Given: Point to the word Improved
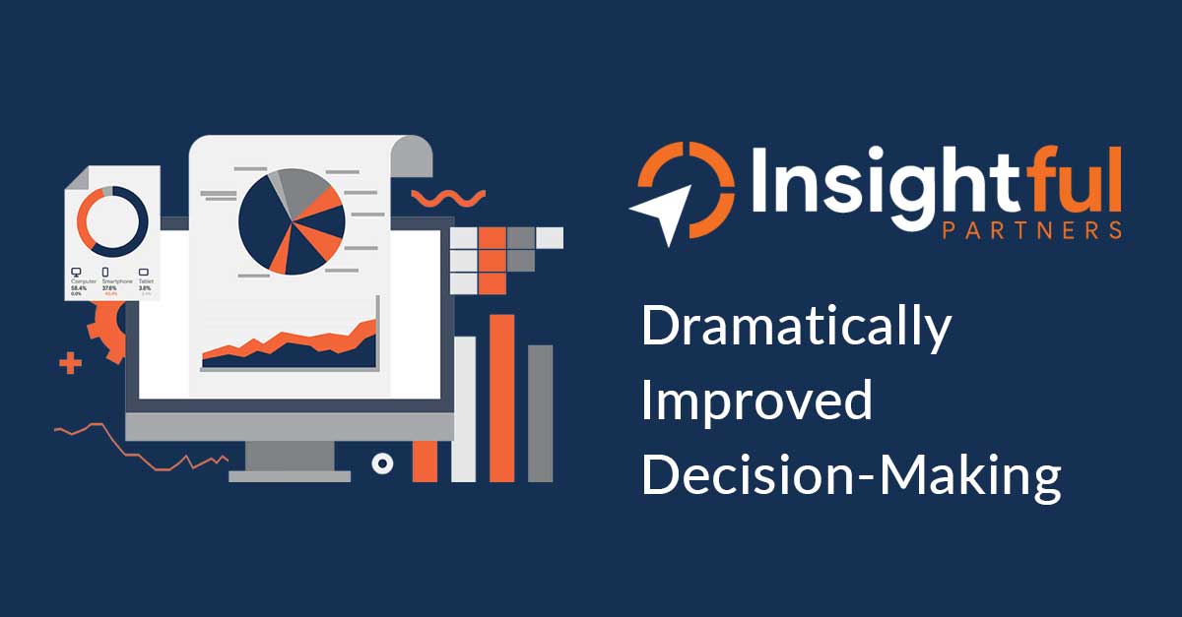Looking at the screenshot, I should (x=756, y=401).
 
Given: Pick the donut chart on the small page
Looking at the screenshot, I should (x=112, y=218).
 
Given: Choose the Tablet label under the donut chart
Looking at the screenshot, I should (x=145, y=281).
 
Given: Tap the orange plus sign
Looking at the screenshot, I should (x=70, y=364).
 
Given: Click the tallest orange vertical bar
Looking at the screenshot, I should (x=502, y=398).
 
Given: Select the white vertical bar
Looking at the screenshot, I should (x=464, y=408).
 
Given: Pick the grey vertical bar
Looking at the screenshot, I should (x=540, y=413).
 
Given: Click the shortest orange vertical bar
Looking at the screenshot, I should (x=425, y=461).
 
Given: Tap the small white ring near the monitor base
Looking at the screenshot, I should (x=382, y=463).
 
